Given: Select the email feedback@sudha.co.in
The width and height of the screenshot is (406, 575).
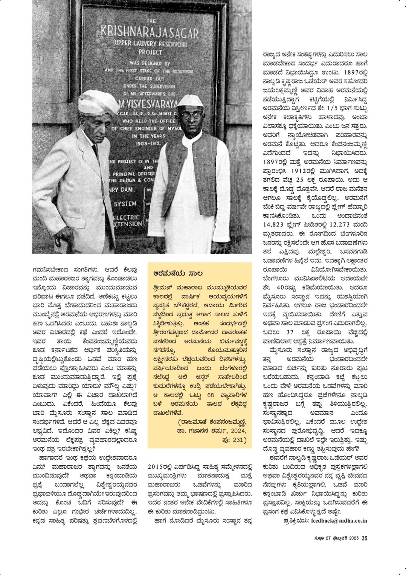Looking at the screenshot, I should coord(339,520).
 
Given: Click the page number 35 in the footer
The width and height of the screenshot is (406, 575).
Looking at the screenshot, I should coord(364,538).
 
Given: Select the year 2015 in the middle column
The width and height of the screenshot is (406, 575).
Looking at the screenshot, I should coord(156,466).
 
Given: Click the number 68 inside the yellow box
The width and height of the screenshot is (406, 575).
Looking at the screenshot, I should coord(211,395).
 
